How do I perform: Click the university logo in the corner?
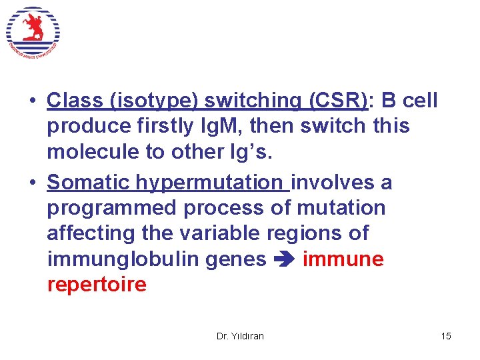33,32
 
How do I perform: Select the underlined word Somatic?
89,182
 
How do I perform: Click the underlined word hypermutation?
209,182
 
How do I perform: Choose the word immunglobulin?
115,258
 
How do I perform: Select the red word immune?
343,258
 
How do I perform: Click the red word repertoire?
97,284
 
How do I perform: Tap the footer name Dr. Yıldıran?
240,336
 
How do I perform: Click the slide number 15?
446,336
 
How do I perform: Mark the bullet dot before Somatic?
32,183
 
